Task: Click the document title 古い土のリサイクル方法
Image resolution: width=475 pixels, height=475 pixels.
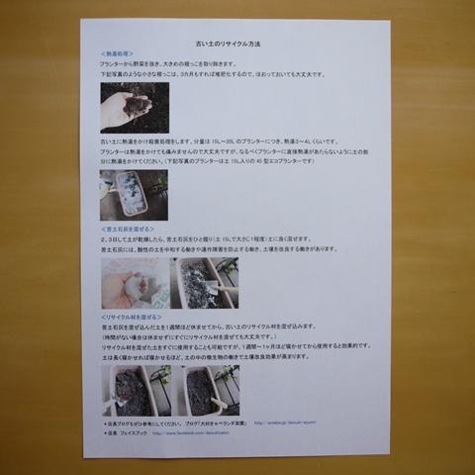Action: [237, 46]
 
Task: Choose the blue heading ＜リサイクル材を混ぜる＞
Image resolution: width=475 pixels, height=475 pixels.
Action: [132, 316]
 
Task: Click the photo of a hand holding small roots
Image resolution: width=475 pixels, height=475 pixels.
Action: [135, 107]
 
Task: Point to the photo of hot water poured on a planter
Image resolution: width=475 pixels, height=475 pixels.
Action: [134, 195]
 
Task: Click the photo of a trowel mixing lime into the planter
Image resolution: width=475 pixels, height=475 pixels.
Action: [206, 283]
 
